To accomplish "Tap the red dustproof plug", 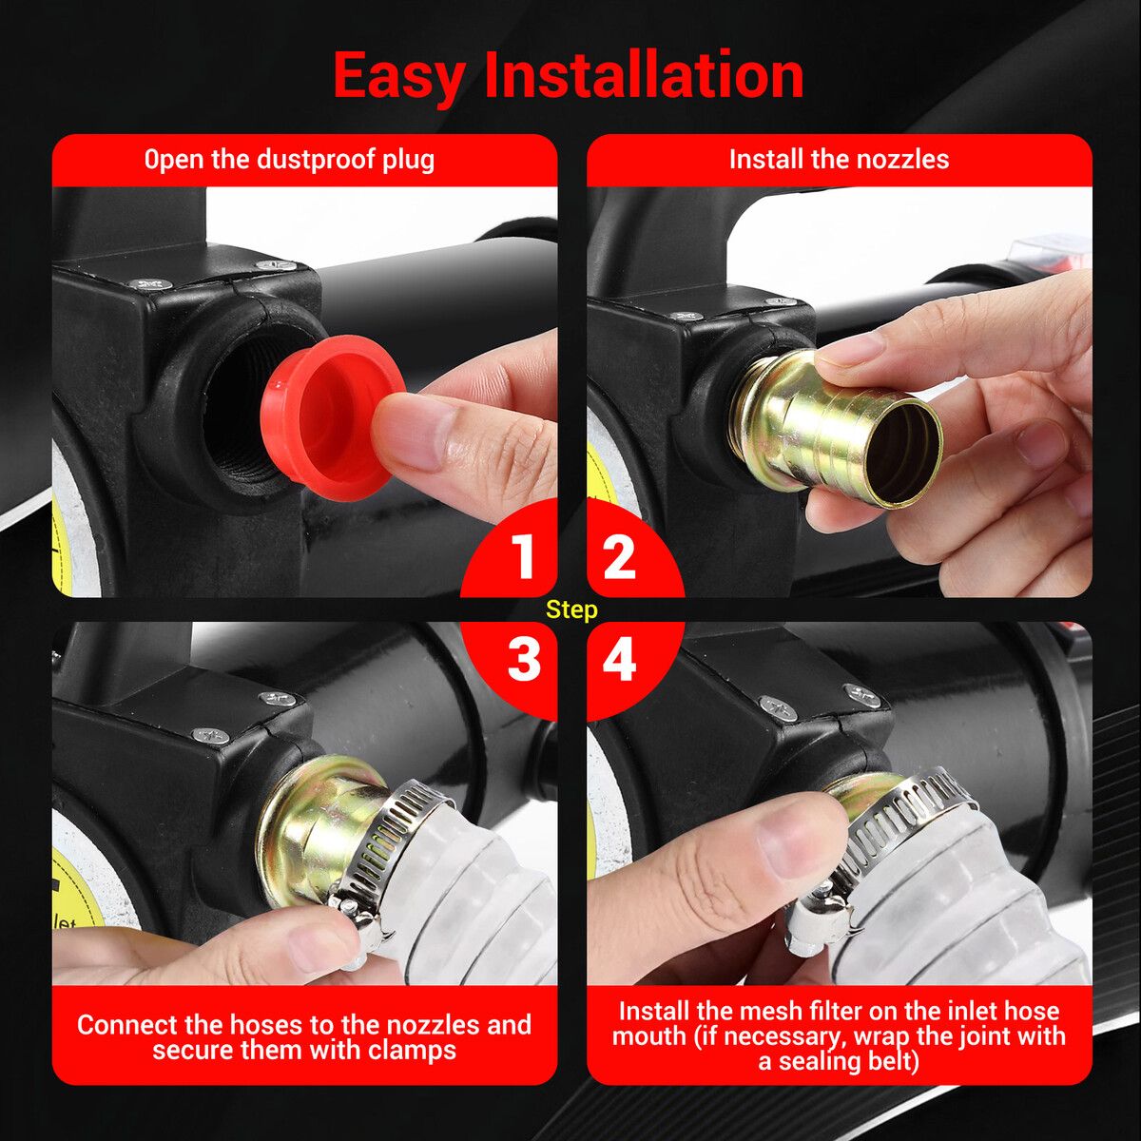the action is pyautogui.click(x=334, y=416).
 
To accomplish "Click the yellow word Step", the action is pyautogui.click(x=571, y=609).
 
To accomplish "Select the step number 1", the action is pyautogui.click(x=525, y=555).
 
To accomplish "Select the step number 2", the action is pyautogui.click(x=619, y=555).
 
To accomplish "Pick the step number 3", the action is pyautogui.click(x=524, y=659).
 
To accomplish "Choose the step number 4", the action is pyautogui.click(x=619, y=659).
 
